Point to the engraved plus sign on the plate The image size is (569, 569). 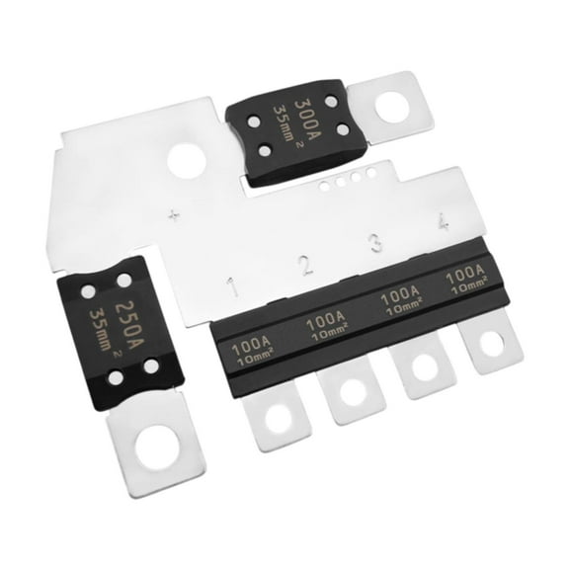pyautogui.click(x=175, y=214)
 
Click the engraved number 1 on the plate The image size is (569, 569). pyautogui.click(x=232, y=286)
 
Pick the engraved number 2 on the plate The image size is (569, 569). pyautogui.click(x=306, y=264)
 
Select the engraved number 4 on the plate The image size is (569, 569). pyautogui.click(x=443, y=223)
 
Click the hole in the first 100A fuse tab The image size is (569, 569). pyautogui.click(x=279, y=418)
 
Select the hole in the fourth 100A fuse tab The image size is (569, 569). pyautogui.click(x=489, y=345)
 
